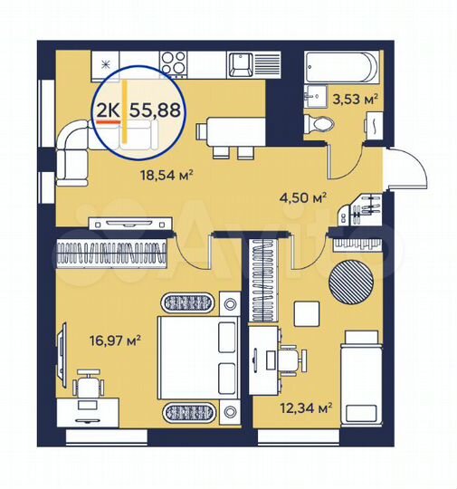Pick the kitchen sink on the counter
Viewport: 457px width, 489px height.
(x=241, y=65)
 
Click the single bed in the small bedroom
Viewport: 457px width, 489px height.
(x=361, y=371)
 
